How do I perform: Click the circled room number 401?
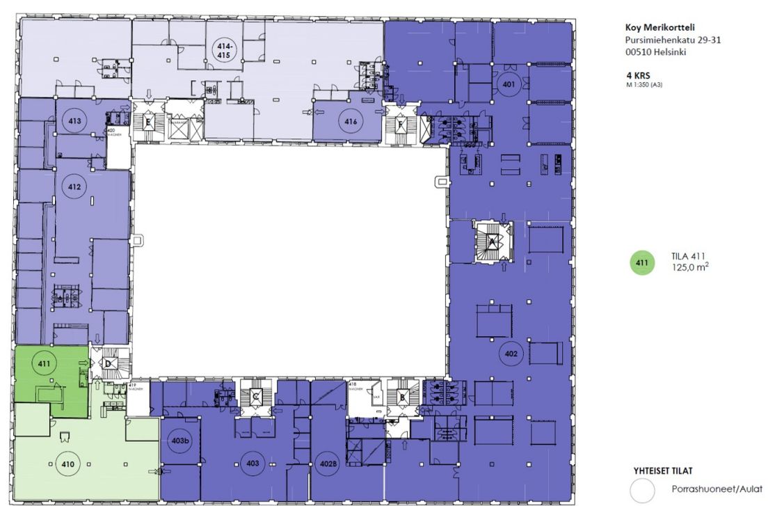coord(509,85)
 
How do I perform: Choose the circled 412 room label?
coord(74,186)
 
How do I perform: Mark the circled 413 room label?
coord(74,121)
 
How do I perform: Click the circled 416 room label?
coord(351,121)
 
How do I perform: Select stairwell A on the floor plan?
coord(493,242)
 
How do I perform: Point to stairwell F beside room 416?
coord(401,125)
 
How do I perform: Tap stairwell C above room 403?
coord(255,397)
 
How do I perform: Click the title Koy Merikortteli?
coord(664,29)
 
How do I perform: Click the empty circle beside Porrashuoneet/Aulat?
coord(642,489)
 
